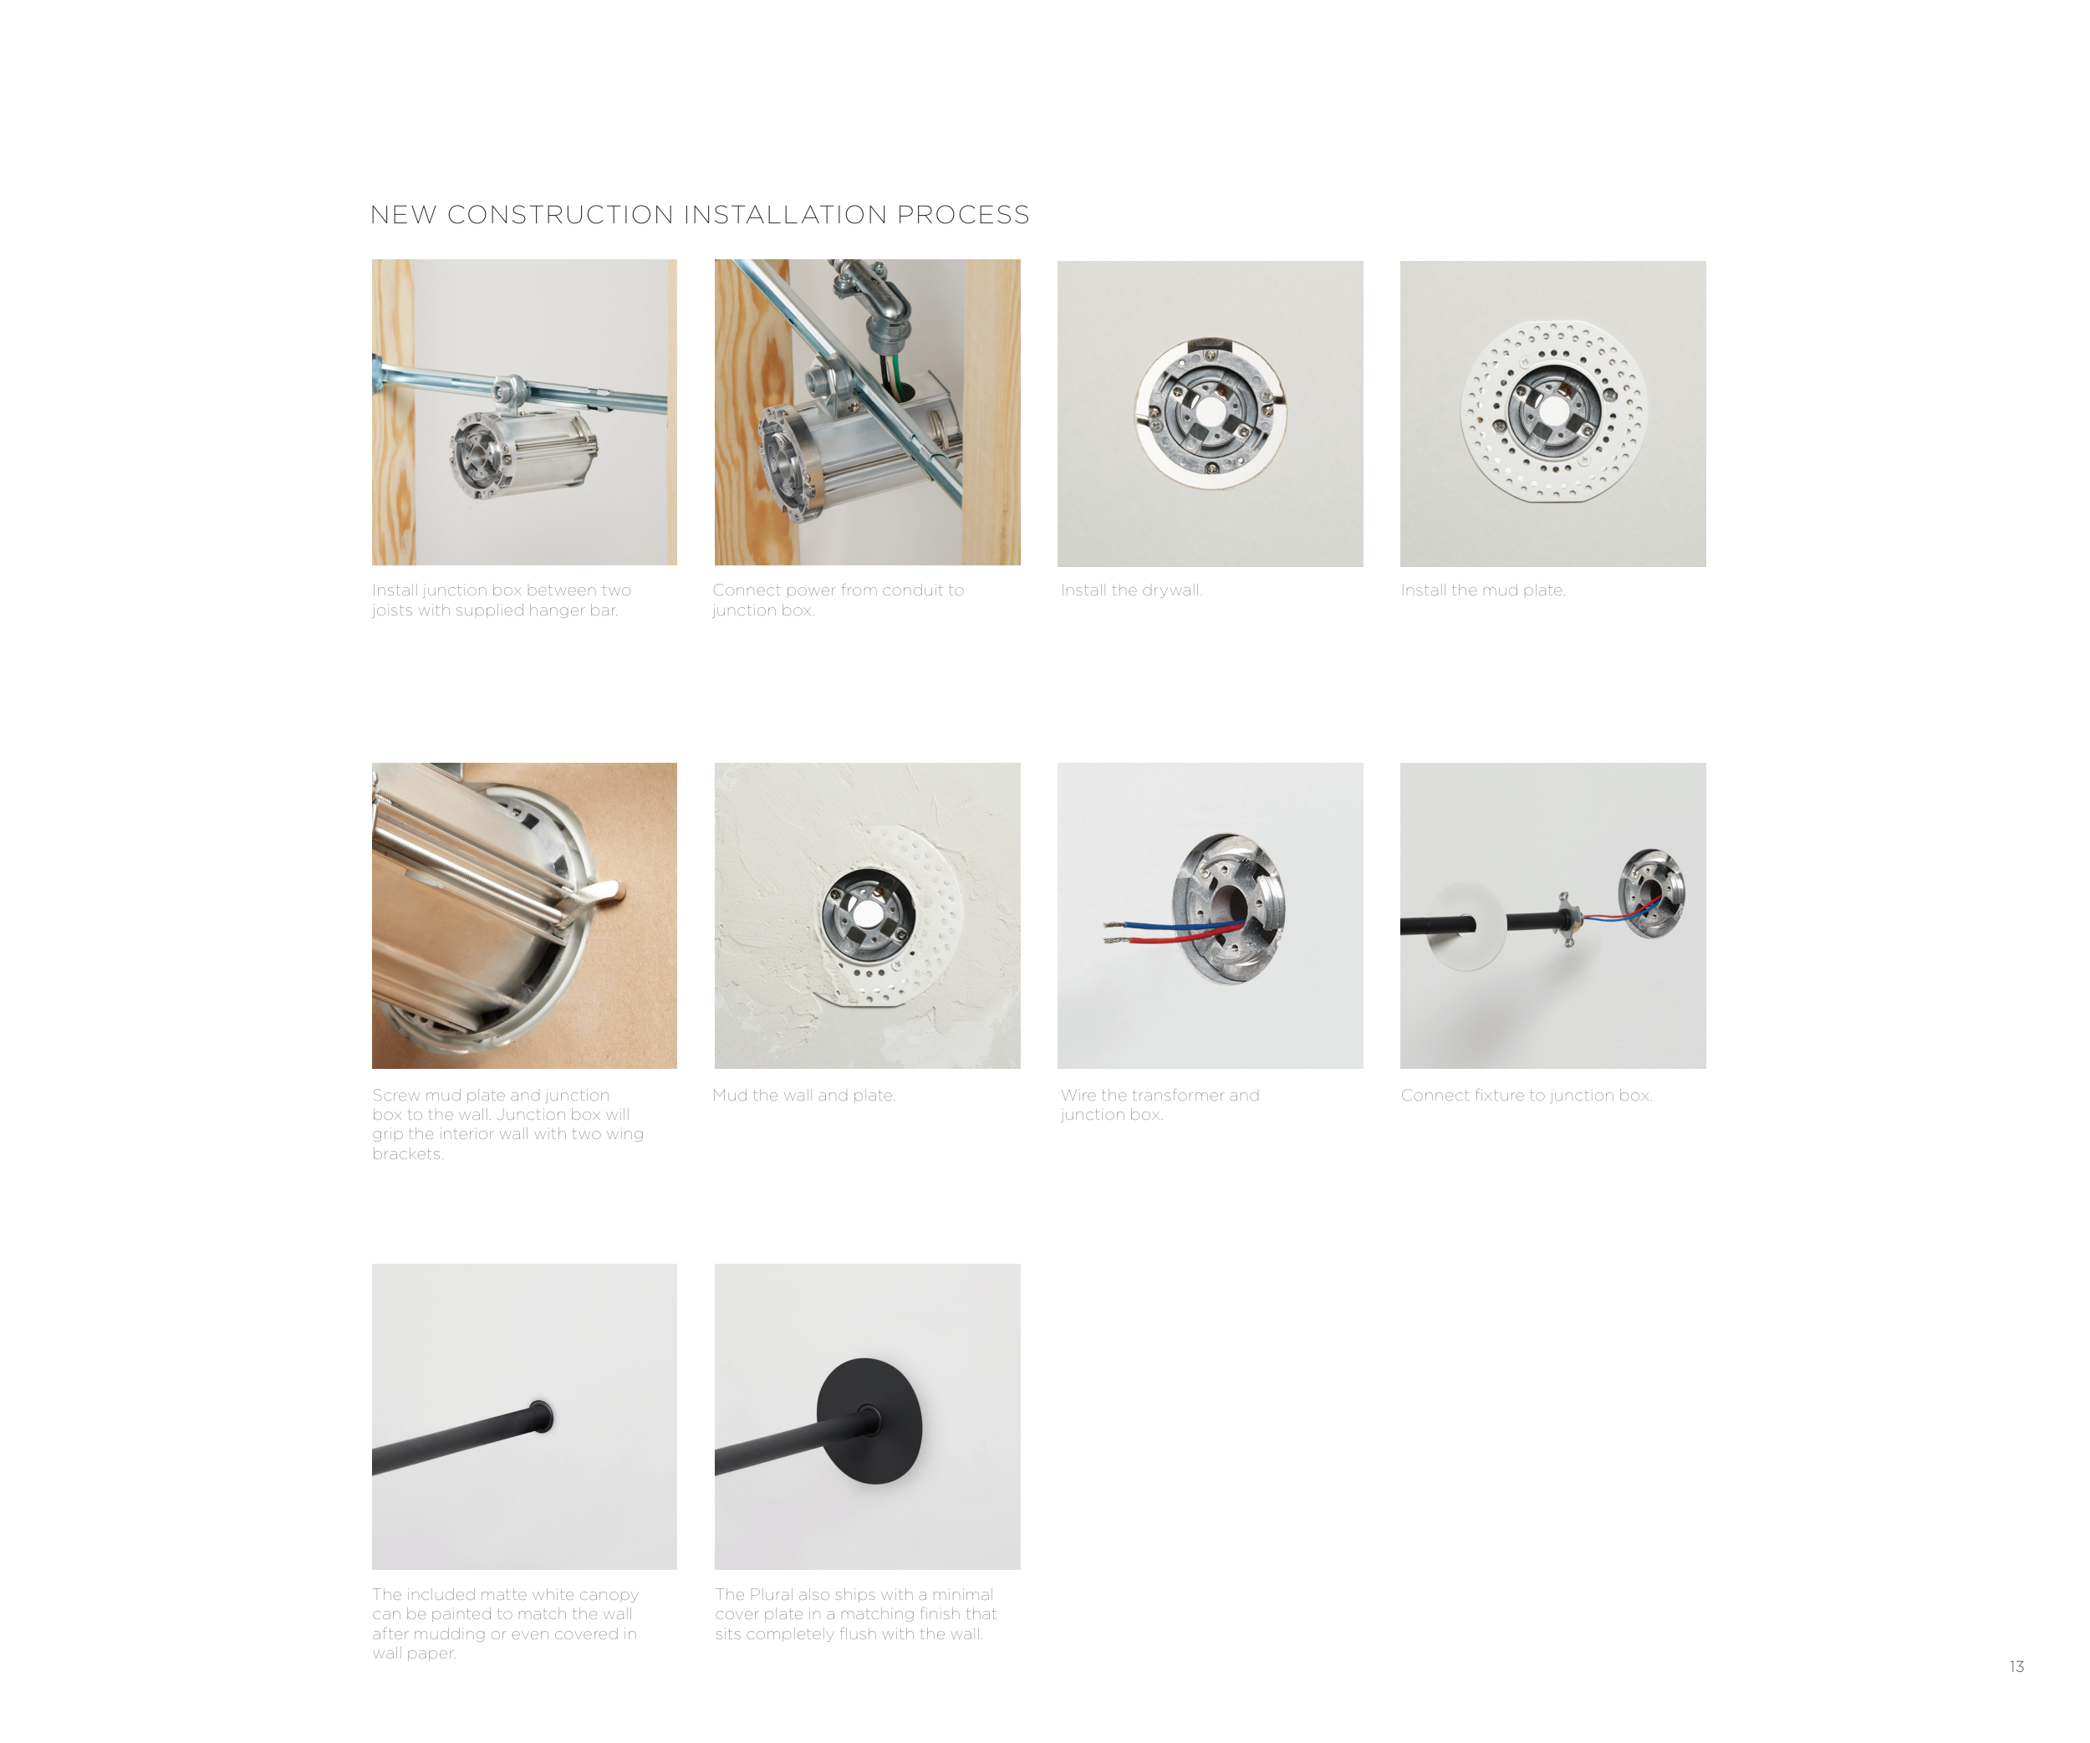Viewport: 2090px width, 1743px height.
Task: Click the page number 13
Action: pos(2016,1666)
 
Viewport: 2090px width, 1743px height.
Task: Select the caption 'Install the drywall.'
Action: pos(1132,590)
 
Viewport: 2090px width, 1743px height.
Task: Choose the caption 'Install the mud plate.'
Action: pos(1483,590)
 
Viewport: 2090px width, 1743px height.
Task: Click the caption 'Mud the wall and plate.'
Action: pos(804,1095)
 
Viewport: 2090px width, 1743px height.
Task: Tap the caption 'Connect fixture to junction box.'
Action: pos(1527,1095)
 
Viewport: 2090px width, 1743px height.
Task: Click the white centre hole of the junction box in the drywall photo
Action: pos(1209,412)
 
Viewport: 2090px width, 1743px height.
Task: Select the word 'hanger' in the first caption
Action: pos(558,611)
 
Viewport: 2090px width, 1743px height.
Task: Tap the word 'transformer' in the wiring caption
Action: pos(1180,1095)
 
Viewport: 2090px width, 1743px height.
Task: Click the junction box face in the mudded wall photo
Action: pos(867,916)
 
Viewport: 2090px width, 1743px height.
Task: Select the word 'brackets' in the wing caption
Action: pos(408,1153)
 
